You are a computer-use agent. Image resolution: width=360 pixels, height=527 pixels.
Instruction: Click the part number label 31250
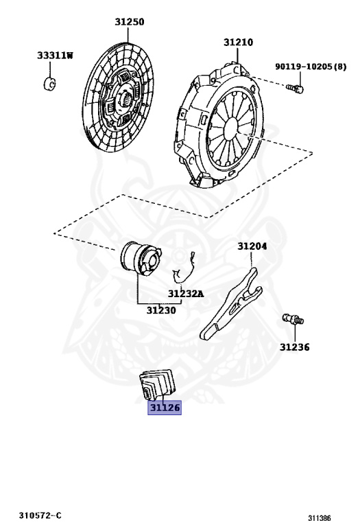pyautogui.click(x=130, y=22)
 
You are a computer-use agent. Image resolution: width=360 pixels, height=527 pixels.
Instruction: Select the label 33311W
pyautogui.click(x=55, y=55)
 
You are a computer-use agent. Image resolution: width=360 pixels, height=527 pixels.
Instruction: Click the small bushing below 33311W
pyautogui.click(x=49, y=84)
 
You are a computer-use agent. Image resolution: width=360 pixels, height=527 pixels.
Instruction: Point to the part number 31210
pyautogui.click(x=239, y=43)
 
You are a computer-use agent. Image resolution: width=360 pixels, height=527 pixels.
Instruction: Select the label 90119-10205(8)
pyautogui.click(x=311, y=66)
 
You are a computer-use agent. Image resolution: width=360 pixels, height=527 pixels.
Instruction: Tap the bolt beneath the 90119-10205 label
pyautogui.click(x=295, y=89)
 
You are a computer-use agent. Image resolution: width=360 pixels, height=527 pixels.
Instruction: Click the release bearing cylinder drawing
pyautogui.click(x=141, y=259)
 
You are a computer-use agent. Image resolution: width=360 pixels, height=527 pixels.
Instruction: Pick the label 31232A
pyautogui.click(x=186, y=294)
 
